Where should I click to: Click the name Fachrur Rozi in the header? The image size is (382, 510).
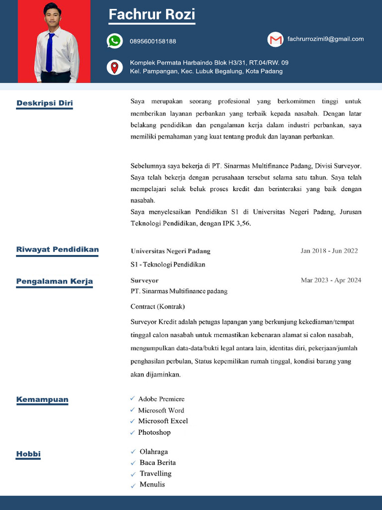(152, 14)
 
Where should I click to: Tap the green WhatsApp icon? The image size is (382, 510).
(115, 41)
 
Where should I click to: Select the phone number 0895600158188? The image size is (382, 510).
(153, 41)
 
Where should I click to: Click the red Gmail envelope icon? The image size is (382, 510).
(275, 39)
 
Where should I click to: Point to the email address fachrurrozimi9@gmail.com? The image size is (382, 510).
(325, 39)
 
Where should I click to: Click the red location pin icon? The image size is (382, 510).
(115, 67)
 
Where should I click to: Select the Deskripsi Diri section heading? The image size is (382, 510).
(45, 103)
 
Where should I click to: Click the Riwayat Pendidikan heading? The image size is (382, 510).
(57, 250)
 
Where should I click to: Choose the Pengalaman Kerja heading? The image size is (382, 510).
(55, 281)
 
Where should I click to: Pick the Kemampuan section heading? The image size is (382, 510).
(42, 399)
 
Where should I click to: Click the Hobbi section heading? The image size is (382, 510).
(28, 454)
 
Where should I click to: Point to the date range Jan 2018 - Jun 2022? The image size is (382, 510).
(329, 251)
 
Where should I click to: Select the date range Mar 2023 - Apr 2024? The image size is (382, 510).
(331, 280)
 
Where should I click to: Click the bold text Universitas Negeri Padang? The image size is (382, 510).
(170, 251)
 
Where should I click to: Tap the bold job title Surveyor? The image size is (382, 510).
(144, 280)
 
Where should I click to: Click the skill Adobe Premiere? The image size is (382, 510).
(161, 399)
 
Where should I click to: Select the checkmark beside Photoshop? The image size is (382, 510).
(132, 433)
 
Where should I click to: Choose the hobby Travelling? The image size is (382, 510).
(155, 473)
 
